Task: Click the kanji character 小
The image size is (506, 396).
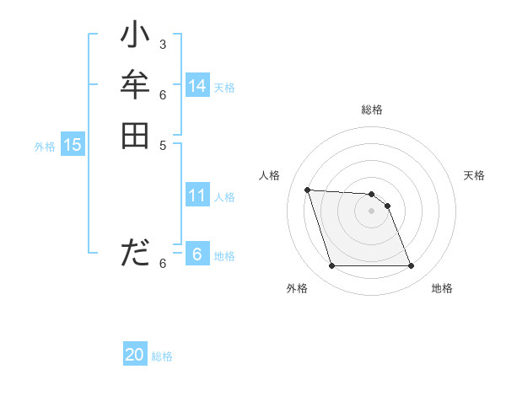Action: (x=135, y=36)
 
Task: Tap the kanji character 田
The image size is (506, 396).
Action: (x=135, y=136)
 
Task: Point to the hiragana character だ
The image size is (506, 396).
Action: (x=135, y=252)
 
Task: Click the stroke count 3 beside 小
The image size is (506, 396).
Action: (x=162, y=43)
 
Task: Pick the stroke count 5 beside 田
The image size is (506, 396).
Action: (x=162, y=144)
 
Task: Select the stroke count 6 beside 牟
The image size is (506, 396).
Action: (x=162, y=94)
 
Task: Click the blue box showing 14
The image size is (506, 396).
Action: (x=197, y=86)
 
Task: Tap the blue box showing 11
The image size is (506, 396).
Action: (x=197, y=196)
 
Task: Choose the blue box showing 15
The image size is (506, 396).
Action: (x=73, y=145)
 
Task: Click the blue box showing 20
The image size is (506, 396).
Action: (x=135, y=356)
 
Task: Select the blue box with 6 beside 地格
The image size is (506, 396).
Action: (x=197, y=254)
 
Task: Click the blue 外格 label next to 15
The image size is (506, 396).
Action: (x=45, y=147)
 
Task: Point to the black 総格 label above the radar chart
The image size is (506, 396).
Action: (x=371, y=110)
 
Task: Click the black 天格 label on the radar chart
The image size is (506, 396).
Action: (x=474, y=175)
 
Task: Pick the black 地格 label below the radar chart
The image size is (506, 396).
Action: (x=442, y=288)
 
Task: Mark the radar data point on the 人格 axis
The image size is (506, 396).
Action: (x=307, y=190)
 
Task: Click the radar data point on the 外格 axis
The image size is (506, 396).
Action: (x=331, y=266)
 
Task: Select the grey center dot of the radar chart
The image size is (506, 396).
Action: (x=371, y=211)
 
